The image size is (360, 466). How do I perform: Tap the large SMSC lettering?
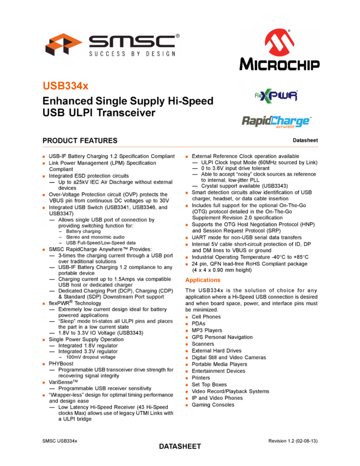[x=132, y=42]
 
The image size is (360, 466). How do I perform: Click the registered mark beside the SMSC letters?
[x=178, y=36]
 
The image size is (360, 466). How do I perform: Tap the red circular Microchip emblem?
[x=279, y=42]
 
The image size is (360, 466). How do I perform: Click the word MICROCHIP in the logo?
[x=279, y=64]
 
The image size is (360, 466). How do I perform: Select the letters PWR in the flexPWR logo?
[x=286, y=96]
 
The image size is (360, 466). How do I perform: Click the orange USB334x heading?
[x=66, y=86]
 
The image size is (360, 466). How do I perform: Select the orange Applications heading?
[x=203, y=280]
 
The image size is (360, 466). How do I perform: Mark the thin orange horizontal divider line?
[x=180, y=147]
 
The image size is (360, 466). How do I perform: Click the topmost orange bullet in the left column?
[x=43, y=157]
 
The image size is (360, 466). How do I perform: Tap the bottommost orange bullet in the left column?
[x=43, y=395]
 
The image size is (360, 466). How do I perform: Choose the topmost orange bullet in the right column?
[x=187, y=157]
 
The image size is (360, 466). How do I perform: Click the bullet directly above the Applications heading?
[x=187, y=264]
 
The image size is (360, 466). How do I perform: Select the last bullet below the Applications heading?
[x=187, y=405]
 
